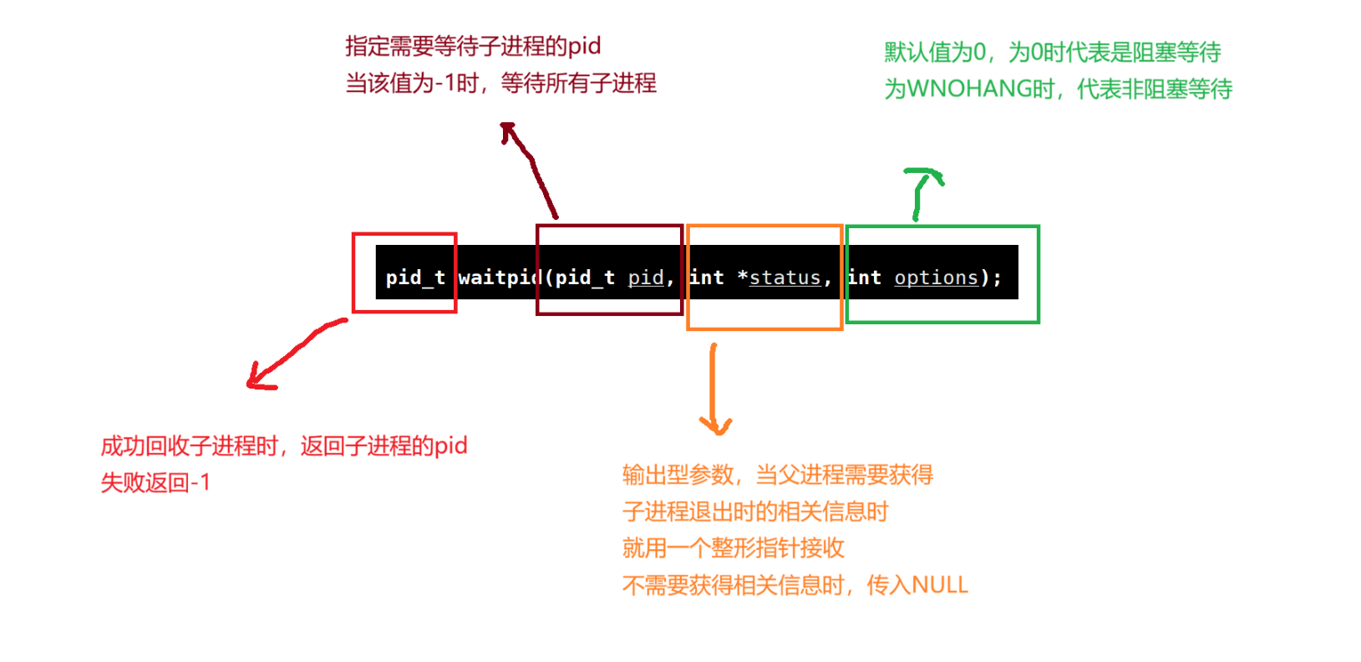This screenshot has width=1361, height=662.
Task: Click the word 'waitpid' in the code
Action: tap(500, 278)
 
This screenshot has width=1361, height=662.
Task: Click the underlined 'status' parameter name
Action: tap(785, 278)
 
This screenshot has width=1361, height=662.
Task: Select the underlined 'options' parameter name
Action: tap(936, 278)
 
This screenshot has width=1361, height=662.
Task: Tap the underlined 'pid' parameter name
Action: tap(646, 278)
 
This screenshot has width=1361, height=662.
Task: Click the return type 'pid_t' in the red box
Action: tap(414, 278)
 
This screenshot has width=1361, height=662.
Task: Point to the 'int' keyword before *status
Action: tap(707, 278)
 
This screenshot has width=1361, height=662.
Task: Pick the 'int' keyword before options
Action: tap(865, 278)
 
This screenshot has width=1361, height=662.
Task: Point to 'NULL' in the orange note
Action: tap(940, 585)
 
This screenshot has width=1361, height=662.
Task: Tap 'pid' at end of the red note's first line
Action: tap(450, 446)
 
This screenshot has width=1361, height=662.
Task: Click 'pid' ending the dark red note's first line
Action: tap(584, 45)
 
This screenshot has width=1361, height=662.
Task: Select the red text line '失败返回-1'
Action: tap(155, 482)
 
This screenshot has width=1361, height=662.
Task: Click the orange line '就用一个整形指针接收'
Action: tap(733, 548)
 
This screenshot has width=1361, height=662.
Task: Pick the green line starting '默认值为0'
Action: tap(1052, 53)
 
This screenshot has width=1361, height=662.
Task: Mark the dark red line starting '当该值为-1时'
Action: tap(500, 83)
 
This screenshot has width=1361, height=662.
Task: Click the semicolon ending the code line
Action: tap(997, 278)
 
